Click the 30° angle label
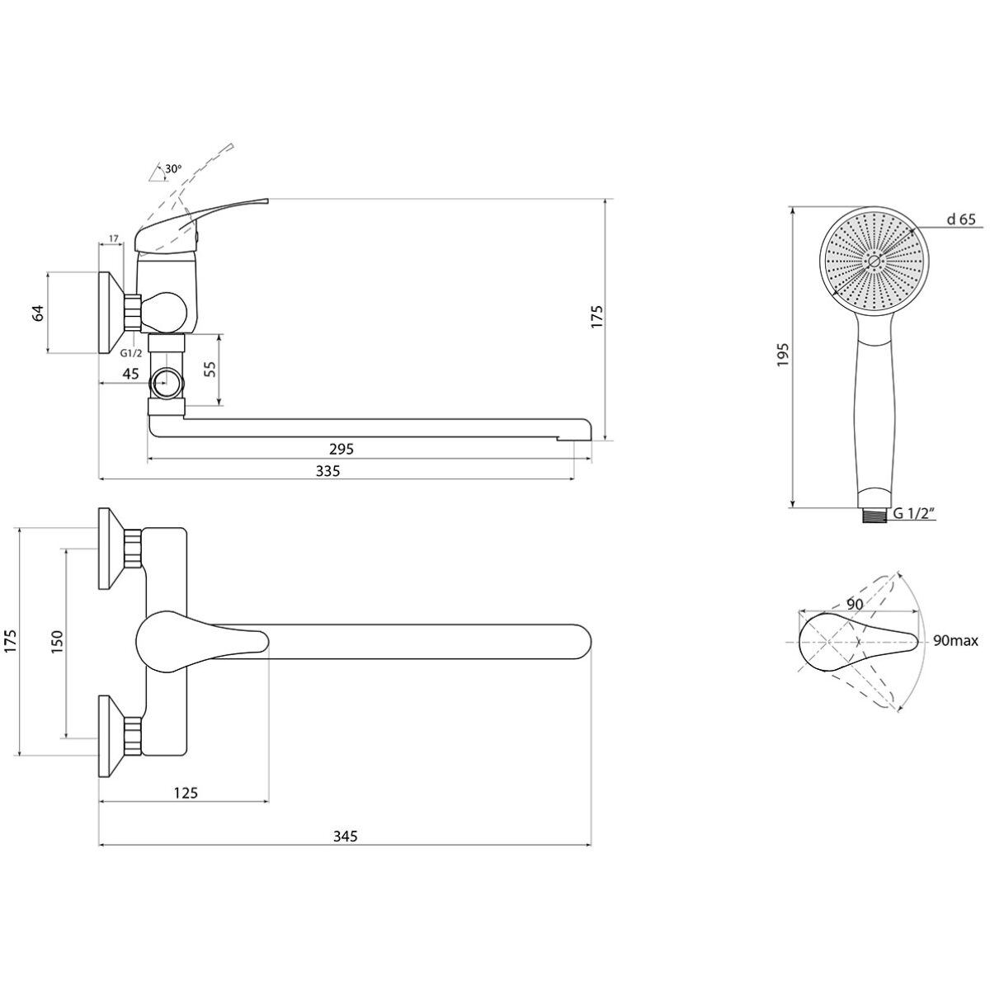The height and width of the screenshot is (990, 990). [173, 168]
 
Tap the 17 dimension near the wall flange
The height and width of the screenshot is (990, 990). [114, 238]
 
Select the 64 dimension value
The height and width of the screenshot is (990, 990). [39, 313]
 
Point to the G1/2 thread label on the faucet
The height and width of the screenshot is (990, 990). [131, 353]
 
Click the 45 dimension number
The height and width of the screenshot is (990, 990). [130, 374]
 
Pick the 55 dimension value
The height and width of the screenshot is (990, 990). [210, 370]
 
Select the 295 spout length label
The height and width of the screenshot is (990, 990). [342, 449]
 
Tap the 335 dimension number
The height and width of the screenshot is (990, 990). [328, 470]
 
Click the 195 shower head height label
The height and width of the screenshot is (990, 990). [782, 355]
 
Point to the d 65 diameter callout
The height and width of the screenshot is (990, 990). [961, 219]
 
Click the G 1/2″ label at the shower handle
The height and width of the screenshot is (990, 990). [913, 513]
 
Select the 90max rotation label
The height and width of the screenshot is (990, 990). [955, 641]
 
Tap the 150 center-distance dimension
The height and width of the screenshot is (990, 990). [57, 642]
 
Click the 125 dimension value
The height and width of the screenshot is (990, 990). [186, 793]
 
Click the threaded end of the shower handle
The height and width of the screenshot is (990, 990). [874, 516]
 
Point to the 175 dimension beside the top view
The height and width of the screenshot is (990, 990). [12, 641]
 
